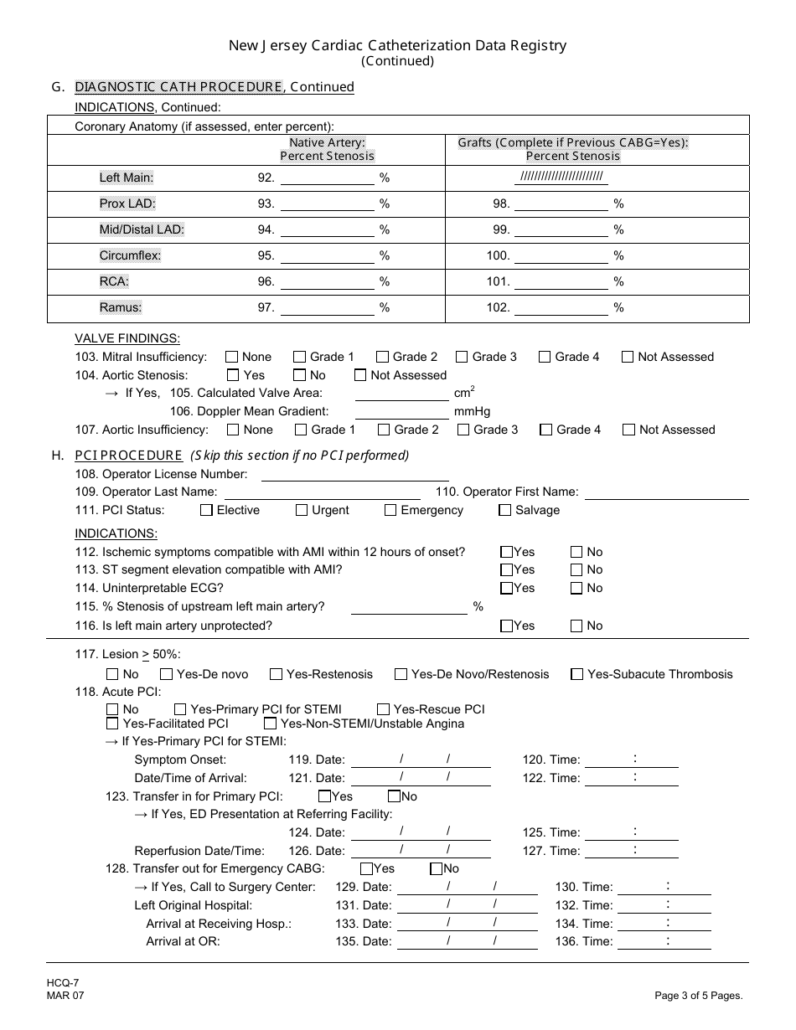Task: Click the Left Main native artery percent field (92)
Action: [327, 178]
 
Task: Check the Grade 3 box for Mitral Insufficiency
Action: [462, 357]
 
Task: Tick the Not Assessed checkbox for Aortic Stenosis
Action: [360, 375]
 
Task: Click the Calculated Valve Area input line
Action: [401, 394]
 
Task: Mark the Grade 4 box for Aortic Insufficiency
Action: [546, 430]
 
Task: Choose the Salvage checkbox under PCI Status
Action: [504, 510]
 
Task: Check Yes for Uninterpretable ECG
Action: [506, 589]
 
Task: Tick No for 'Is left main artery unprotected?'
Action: [576, 626]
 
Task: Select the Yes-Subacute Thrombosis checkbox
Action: [576, 674]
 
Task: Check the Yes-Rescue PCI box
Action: [384, 709]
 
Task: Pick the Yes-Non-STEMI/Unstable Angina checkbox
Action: [271, 724]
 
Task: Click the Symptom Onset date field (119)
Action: [421, 760]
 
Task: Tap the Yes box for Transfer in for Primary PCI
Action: [324, 796]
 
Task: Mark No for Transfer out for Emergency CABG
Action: [436, 869]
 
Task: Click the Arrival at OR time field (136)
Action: [668, 942]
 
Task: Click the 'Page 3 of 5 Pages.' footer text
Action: [699, 996]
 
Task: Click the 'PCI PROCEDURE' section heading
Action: [128, 456]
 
